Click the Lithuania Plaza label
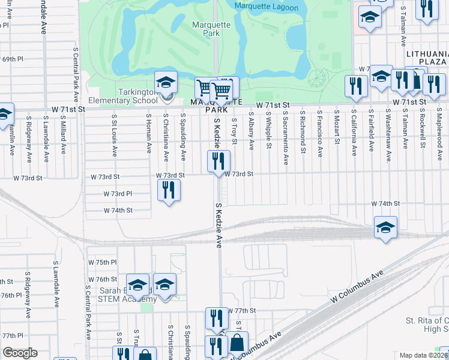426,58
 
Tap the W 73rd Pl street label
117,194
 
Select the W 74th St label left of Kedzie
118,211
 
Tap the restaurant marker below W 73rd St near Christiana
169,190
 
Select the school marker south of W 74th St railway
385,227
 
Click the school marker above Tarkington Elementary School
166,82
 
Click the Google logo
20,353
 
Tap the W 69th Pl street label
11,59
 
